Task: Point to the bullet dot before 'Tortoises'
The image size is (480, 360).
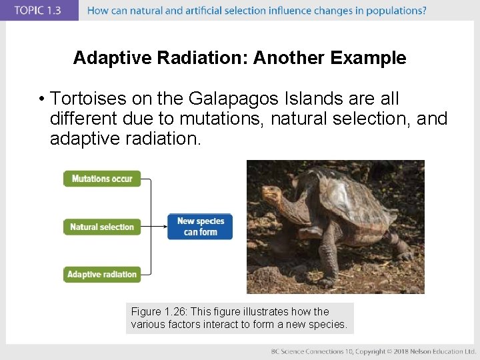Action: pyautogui.click(x=41, y=100)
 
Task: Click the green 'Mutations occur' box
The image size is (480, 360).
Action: pyautogui.click(x=102, y=179)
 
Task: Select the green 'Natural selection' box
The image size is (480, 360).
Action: pyautogui.click(x=102, y=227)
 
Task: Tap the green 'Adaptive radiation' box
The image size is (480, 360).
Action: pyautogui.click(x=102, y=274)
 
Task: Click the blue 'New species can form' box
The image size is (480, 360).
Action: pyautogui.click(x=200, y=227)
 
